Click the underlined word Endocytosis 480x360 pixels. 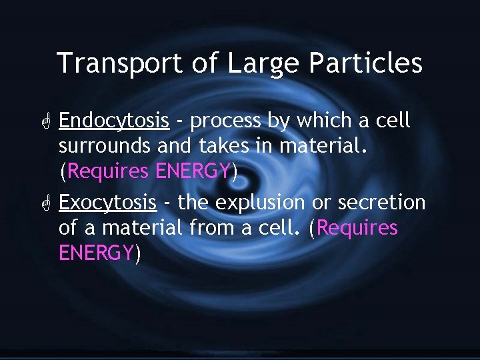(114, 121)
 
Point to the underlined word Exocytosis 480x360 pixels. (108, 203)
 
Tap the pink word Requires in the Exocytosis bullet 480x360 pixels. (358, 228)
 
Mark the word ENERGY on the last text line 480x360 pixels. (97, 253)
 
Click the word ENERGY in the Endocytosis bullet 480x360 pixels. (193, 172)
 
